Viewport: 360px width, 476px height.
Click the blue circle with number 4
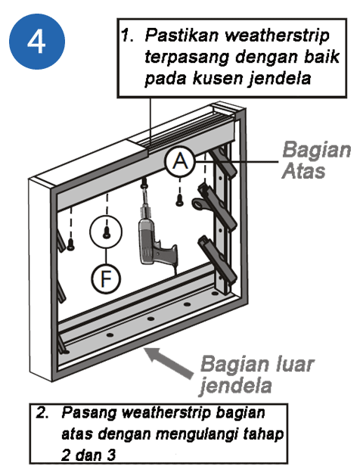37,42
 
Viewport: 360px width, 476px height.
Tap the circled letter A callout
181,161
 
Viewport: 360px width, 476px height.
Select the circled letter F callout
106,278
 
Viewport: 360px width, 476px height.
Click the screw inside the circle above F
106,232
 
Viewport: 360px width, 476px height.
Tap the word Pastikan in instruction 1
182,36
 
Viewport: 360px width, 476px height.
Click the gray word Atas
303,171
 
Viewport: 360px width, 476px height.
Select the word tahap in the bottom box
263,434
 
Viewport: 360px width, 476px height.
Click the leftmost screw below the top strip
70,244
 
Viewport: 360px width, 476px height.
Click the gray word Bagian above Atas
316,151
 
